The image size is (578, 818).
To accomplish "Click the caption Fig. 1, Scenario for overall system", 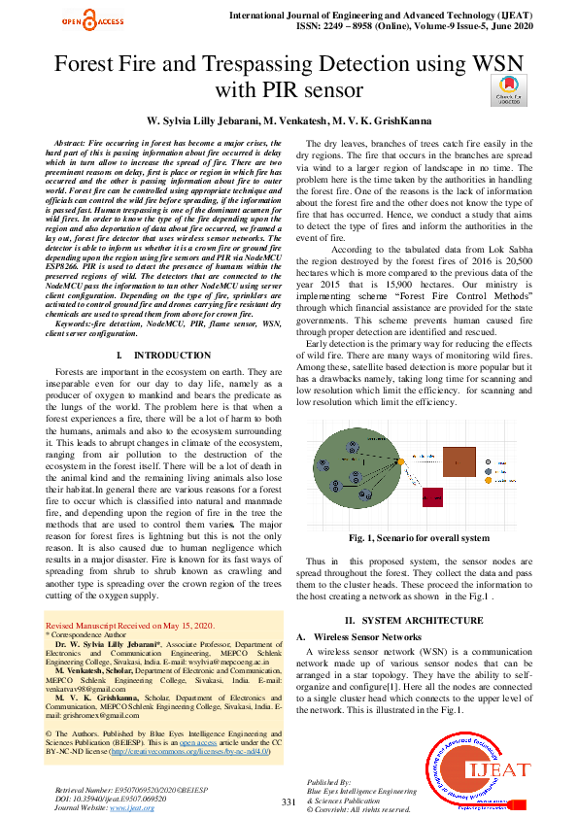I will click(419, 537).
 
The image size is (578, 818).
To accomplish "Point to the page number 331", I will click(288, 801).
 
